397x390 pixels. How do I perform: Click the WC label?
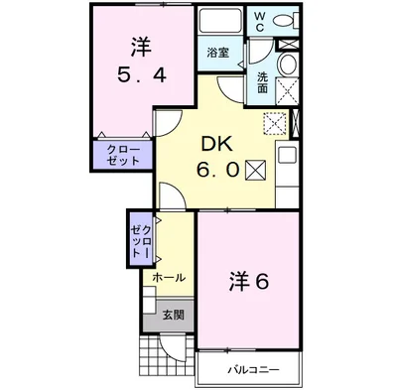tap(260, 22)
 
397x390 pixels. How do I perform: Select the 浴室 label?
tap(218, 53)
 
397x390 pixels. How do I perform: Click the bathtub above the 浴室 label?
tap(220, 21)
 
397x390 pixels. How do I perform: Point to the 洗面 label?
tap(262, 83)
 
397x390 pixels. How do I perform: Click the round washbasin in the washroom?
tap(287, 64)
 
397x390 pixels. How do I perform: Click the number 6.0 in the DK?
tap(217, 171)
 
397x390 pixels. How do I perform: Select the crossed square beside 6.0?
tap(256, 170)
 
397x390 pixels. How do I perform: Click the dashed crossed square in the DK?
tap(275, 123)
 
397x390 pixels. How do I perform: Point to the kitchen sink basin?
tap(287, 155)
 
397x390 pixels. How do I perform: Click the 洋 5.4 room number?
tap(142, 76)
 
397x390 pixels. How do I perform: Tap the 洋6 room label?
tap(249, 282)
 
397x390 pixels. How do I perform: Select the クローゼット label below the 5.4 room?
tap(123, 155)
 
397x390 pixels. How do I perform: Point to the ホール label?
tap(169, 278)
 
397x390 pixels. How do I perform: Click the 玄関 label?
tap(173, 315)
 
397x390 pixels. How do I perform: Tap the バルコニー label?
tap(253, 369)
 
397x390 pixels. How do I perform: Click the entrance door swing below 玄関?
tap(171, 347)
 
